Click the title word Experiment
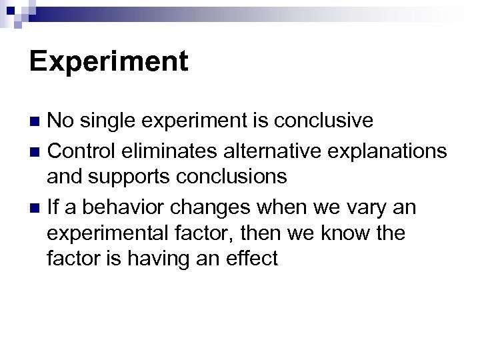109,62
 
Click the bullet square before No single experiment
37,121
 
